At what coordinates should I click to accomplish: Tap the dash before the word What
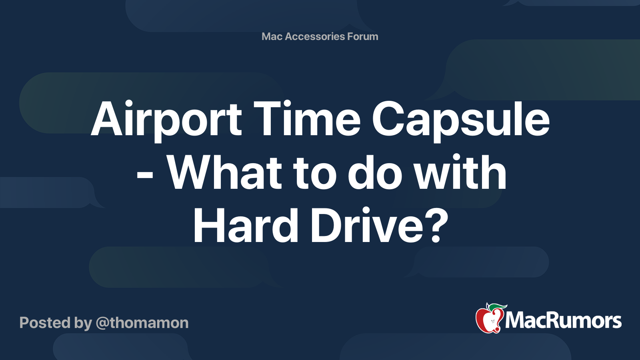145,176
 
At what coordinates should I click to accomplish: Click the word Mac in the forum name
272,36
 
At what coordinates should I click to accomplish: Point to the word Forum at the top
362,36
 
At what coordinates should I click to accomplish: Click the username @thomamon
142,323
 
